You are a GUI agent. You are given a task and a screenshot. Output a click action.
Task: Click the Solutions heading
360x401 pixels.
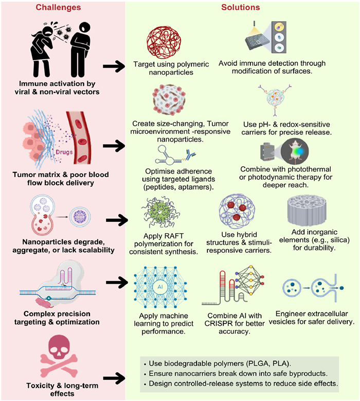coord(241,8)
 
